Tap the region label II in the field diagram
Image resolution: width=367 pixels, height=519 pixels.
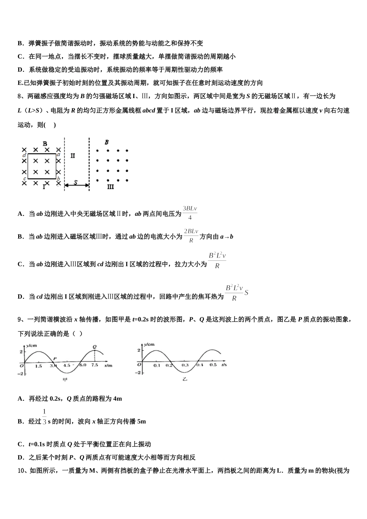pyautogui.click(x=73, y=156)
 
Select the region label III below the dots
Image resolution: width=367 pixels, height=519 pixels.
pyautogui.click(x=110, y=187)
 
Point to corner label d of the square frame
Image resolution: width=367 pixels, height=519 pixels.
pyautogui.click(x=24, y=155)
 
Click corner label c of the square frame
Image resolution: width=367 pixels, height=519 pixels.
pyautogui.click(x=24, y=178)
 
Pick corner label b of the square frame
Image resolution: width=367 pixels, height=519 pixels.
pyautogui.click(x=58, y=178)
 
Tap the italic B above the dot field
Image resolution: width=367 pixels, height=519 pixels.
pyautogui.click(x=107, y=142)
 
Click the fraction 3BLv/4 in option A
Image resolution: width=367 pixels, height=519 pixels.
pyautogui.click(x=190, y=213)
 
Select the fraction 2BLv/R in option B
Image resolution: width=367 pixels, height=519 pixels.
pyautogui.click(x=191, y=236)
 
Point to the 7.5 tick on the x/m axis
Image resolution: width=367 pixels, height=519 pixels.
pyautogui.click(x=94, y=365)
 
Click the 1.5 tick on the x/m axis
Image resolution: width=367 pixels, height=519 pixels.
pyautogui.click(x=39, y=366)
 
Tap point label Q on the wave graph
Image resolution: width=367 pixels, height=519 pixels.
pyautogui.click(x=95, y=346)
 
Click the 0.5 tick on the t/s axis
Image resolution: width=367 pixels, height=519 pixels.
pyautogui.click(x=213, y=365)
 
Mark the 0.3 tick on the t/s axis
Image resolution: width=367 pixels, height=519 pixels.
pyautogui.click(x=185, y=365)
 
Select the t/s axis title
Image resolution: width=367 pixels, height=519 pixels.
pyautogui.click(x=224, y=365)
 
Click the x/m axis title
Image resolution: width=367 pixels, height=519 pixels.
pyautogui.click(x=108, y=365)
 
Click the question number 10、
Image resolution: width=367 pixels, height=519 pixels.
pyautogui.click(x=22, y=470)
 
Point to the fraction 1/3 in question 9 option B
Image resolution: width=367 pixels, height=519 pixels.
pyautogui.click(x=44, y=417)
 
